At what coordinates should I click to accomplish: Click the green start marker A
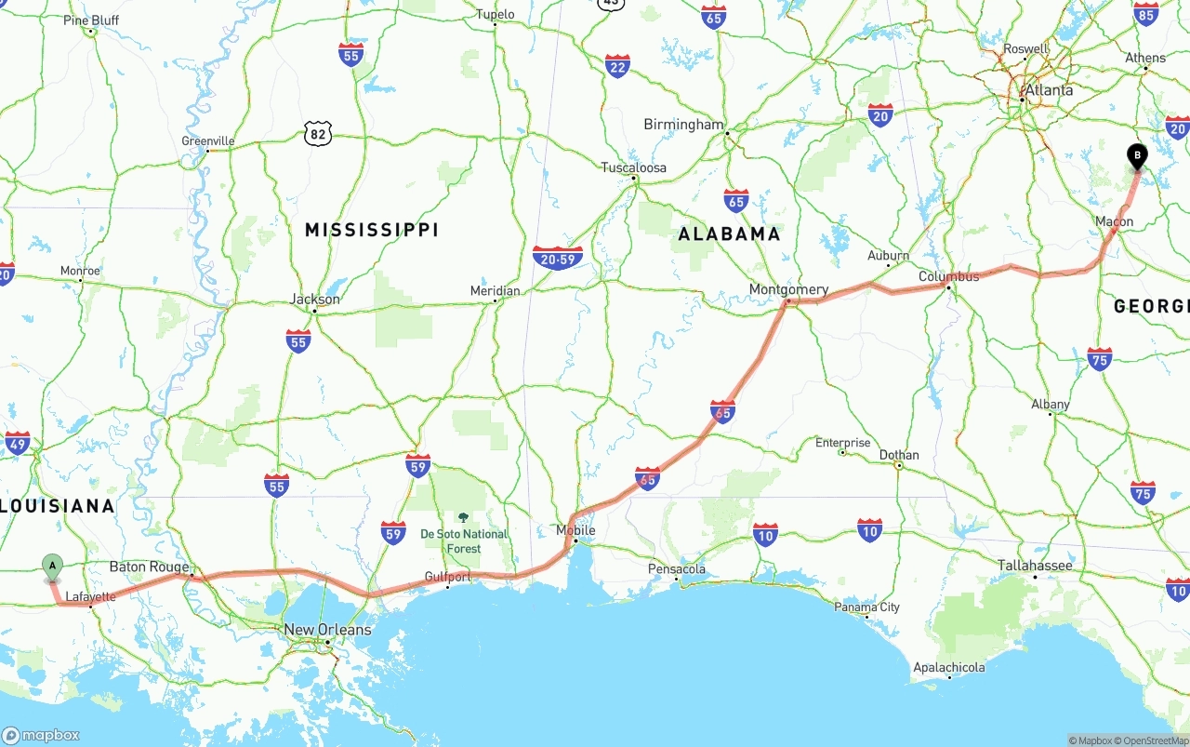[x=53, y=565]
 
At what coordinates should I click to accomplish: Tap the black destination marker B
[x=1136, y=155]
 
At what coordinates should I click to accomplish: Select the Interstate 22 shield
[x=617, y=66]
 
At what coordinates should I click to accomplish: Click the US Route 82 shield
[x=318, y=134]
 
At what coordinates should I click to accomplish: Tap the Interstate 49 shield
[x=17, y=442]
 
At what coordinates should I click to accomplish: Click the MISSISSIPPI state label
[x=371, y=230]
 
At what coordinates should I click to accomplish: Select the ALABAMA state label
[x=729, y=233]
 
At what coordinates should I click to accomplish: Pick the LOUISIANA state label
[x=58, y=506]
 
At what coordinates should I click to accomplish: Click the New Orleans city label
[x=327, y=630]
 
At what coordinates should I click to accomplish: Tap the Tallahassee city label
[x=1035, y=566]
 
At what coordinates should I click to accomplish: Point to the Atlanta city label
[x=1048, y=90]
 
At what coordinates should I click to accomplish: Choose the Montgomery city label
[x=788, y=289]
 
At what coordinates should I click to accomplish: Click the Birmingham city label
[x=683, y=125]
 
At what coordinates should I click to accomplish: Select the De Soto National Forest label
[x=464, y=540]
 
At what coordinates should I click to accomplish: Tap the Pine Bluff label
[x=91, y=20]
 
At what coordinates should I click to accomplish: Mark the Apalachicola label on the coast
[x=948, y=667]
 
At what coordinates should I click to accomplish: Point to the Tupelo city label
[x=495, y=14]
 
